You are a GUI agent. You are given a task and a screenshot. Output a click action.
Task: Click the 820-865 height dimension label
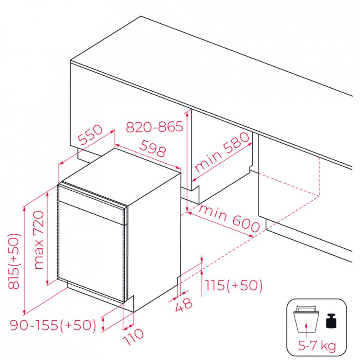155,126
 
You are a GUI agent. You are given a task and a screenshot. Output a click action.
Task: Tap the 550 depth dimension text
90,135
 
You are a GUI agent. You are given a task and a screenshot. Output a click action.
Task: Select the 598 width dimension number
153,148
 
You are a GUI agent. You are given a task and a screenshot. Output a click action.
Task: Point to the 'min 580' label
222,152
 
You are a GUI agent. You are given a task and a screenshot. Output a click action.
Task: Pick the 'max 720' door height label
39,240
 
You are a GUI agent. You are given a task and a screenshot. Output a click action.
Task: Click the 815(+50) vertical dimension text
14,261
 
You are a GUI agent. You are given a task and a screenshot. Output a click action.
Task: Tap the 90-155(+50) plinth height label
53,325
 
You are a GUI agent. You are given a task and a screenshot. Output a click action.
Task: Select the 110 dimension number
133,337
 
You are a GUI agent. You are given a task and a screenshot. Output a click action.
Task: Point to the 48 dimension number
184,305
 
